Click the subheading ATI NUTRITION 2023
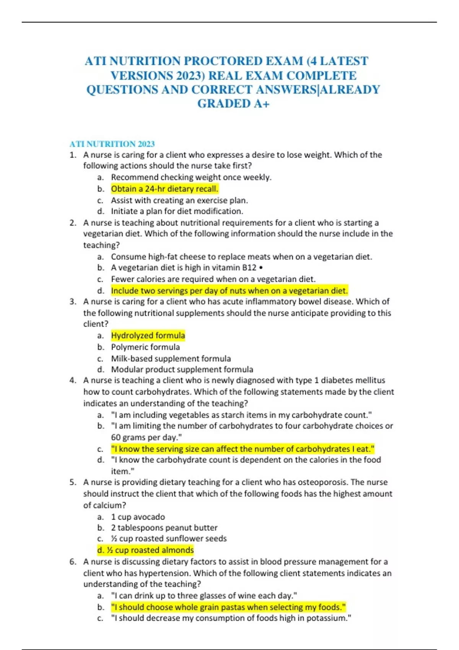[112, 144]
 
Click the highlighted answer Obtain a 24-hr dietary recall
[164, 189]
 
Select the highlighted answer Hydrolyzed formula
[148, 335]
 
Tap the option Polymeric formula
[145, 347]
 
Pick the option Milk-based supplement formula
[171, 358]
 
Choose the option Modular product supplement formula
[182, 369]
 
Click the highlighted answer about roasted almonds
[145, 550]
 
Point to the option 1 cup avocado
[138, 517]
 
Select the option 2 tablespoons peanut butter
[164, 528]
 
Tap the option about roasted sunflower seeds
[168, 538]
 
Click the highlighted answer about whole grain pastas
[228, 607]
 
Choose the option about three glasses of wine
[204, 595]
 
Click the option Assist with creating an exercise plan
[179, 200]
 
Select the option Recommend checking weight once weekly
[191, 177]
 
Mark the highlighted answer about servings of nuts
[229, 291]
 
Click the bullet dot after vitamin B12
[261, 268]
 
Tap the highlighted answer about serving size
[243, 448]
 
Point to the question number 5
[73, 482]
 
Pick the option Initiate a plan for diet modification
[177, 211]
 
